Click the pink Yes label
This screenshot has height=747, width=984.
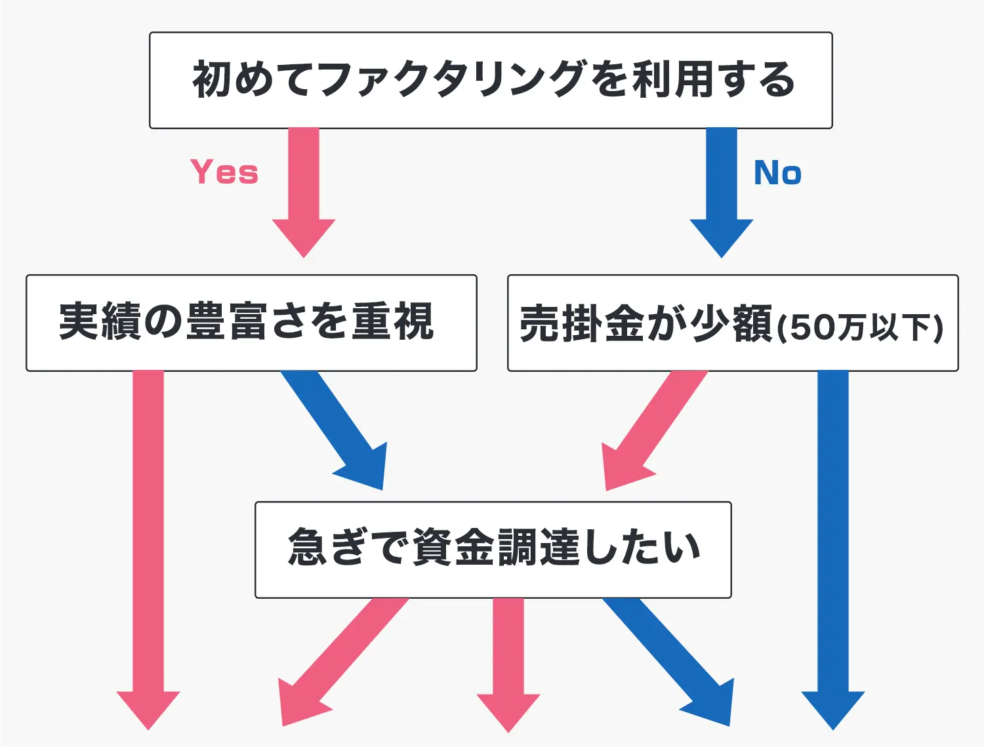click(224, 172)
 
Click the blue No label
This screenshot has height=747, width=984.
click(777, 173)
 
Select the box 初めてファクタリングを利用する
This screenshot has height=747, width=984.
click(491, 80)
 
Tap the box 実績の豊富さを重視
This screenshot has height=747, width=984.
click(251, 323)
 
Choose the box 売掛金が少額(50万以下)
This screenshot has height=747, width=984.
click(733, 323)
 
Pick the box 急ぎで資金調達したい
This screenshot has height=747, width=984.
click(493, 550)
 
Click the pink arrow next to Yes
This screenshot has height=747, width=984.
click(304, 193)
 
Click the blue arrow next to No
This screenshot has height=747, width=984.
click(722, 193)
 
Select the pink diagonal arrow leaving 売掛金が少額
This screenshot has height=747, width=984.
click(651, 430)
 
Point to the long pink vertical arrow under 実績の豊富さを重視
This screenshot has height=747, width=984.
click(148, 550)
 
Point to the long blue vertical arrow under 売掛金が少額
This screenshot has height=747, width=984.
click(833, 550)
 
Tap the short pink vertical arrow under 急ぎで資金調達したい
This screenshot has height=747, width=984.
click(508, 665)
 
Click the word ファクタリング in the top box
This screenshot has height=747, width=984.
click(453, 80)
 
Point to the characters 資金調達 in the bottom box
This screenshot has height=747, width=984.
click(496, 548)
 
